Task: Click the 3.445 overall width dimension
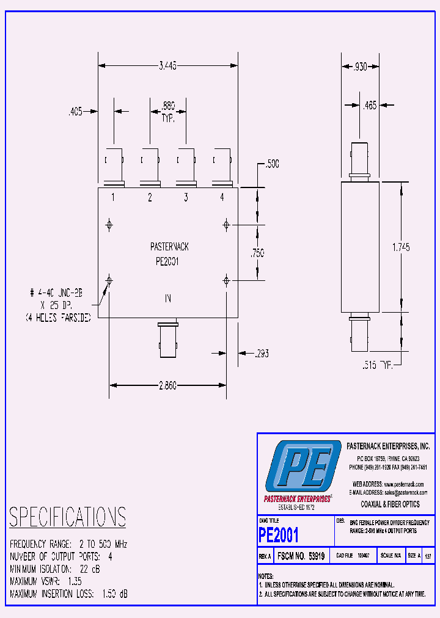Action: (167, 67)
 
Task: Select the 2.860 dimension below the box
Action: (167, 386)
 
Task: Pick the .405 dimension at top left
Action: (75, 112)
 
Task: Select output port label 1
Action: (113, 197)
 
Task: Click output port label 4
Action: (222, 197)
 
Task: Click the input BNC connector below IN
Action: (167, 340)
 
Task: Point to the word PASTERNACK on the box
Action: (169, 247)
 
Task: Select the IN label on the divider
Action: (167, 299)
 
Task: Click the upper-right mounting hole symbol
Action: (226, 225)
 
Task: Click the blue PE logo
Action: (303, 467)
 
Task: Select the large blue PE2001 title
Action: (279, 536)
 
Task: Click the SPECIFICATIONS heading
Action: (67, 517)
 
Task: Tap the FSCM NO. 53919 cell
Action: (301, 556)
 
